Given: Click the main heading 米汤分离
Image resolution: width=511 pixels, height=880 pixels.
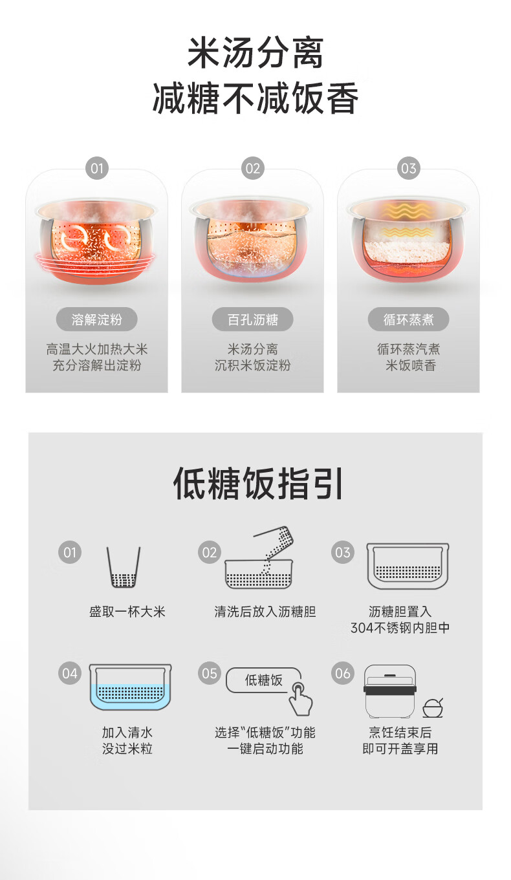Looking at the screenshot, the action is (255, 52).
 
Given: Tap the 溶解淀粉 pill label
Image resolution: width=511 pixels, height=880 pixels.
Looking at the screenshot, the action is (96, 319).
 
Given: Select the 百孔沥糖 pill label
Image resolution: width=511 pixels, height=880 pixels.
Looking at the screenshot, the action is (253, 319).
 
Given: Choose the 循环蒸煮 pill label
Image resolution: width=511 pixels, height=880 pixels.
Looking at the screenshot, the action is (408, 319).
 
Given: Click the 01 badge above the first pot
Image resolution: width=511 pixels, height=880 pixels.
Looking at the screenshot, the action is (96, 169).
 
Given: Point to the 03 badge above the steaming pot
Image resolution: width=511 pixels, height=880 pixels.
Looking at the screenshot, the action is (408, 169).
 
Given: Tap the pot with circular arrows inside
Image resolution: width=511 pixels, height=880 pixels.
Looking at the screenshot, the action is (96, 240).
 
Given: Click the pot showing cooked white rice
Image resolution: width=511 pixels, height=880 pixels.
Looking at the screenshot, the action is (408, 240).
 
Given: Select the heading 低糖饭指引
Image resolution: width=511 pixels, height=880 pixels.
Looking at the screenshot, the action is (258, 484).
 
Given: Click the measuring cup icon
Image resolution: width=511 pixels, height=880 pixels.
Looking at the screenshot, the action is (124, 567).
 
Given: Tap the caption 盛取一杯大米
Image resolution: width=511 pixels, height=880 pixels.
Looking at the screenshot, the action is (127, 612).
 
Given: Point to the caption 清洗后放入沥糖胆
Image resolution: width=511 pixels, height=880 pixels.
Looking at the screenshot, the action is (265, 612).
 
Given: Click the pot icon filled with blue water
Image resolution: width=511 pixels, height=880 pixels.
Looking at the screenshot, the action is (131, 687).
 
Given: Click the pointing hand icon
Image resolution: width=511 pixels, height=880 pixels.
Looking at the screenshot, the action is (301, 699).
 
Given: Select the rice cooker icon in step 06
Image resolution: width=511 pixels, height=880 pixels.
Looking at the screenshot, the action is (390, 692).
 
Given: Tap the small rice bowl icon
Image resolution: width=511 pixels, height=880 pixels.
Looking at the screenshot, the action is (433, 708).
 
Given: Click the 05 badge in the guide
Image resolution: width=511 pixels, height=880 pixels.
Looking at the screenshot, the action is (210, 673).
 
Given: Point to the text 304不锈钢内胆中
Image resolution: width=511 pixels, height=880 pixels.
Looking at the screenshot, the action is (400, 628).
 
